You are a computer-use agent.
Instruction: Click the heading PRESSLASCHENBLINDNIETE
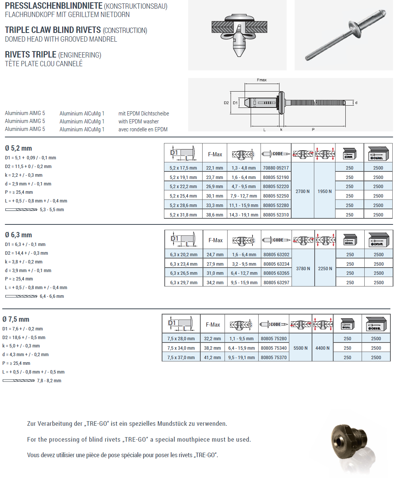[54, 6]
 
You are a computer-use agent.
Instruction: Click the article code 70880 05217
[276, 168]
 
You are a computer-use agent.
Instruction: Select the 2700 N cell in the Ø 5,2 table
[303, 192]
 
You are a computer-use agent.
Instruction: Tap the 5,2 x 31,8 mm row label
[183, 215]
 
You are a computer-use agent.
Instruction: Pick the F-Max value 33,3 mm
[215, 206]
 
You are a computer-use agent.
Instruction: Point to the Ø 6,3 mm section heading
[18, 235]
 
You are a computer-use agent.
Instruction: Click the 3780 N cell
[303, 269]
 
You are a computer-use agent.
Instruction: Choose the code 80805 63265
[276, 273]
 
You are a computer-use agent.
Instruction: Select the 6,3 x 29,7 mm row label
[184, 283]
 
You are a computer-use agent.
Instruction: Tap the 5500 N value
[301, 348]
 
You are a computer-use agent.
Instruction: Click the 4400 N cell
[323, 348]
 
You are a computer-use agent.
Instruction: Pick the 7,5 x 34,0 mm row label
[181, 348]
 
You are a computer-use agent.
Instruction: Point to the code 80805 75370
[274, 358]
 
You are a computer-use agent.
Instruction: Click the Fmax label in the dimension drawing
[262, 80]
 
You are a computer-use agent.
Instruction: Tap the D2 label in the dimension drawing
[226, 103]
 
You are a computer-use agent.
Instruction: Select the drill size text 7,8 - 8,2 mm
[49, 381]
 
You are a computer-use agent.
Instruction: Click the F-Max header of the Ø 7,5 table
[213, 325]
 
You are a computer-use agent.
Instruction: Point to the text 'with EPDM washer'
[139, 121]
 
